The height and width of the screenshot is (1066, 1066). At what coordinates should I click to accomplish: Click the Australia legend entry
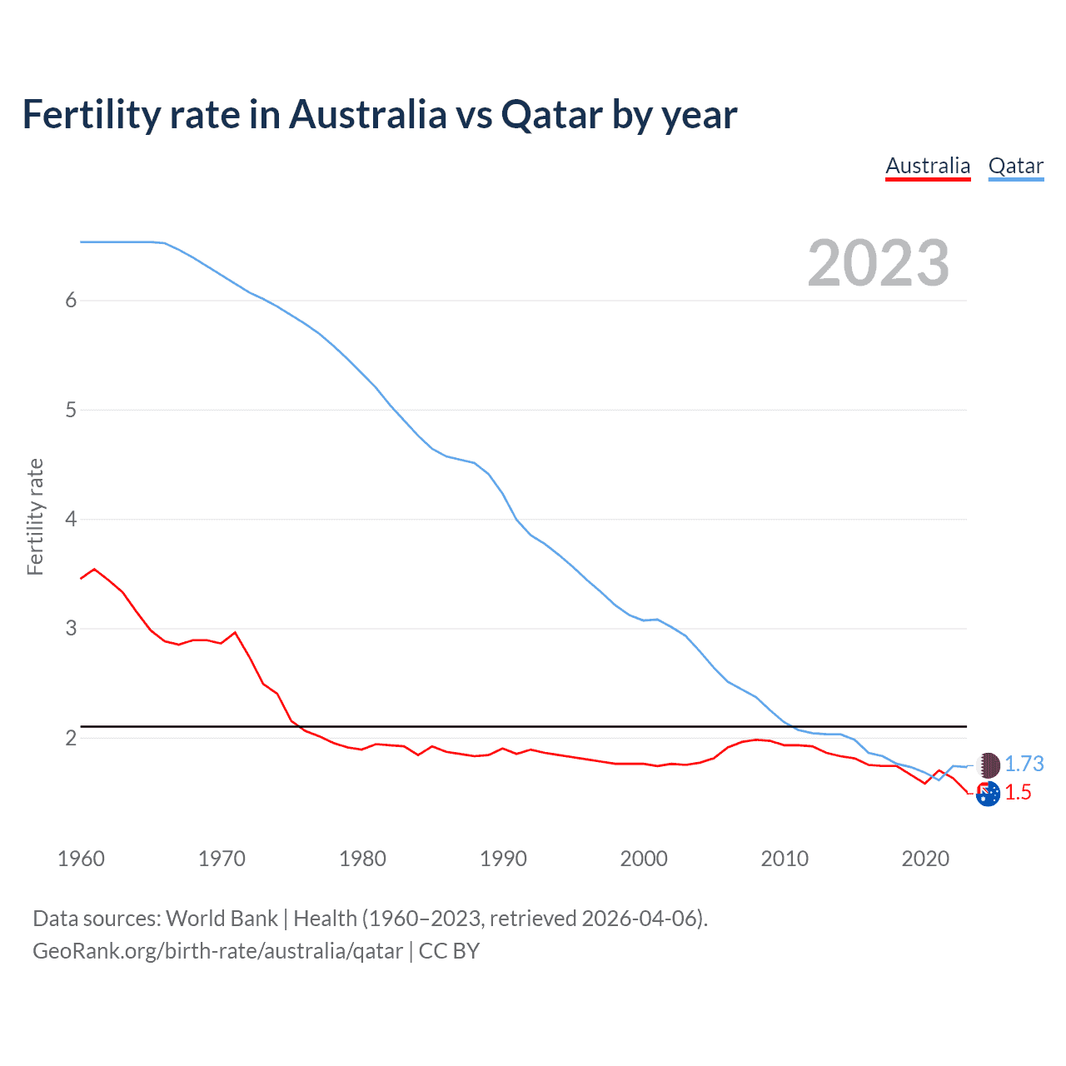(928, 166)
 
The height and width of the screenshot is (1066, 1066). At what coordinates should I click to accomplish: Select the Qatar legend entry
(1015, 166)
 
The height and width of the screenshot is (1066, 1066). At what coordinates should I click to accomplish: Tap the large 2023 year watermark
(878, 263)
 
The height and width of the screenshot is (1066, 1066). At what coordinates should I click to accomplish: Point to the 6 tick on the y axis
(71, 301)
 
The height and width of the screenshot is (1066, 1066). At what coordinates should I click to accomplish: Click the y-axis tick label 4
(71, 520)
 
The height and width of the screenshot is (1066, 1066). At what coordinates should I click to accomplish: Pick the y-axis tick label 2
(71, 738)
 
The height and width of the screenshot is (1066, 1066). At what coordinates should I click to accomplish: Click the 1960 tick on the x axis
(81, 859)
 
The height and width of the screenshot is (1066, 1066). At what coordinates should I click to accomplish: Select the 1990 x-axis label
(503, 859)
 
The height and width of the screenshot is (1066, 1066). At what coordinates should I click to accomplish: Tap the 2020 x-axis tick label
(925, 859)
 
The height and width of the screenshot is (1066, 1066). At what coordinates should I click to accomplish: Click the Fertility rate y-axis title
(35, 516)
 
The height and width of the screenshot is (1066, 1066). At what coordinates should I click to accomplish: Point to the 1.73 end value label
(1024, 764)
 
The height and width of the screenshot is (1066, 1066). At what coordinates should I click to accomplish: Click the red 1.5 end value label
(1018, 792)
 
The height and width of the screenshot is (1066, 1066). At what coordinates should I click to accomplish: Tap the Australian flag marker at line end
(988, 795)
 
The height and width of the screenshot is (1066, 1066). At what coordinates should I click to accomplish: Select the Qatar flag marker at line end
(988, 764)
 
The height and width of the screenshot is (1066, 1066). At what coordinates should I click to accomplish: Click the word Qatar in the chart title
(550, 115)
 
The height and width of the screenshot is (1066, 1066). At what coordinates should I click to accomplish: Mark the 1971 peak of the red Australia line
(235, 632)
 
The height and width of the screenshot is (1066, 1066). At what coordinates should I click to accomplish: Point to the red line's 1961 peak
(94, 569)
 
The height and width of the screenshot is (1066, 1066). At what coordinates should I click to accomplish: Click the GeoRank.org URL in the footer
(217, 951)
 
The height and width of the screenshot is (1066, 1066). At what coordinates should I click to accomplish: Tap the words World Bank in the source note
(222, 919)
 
